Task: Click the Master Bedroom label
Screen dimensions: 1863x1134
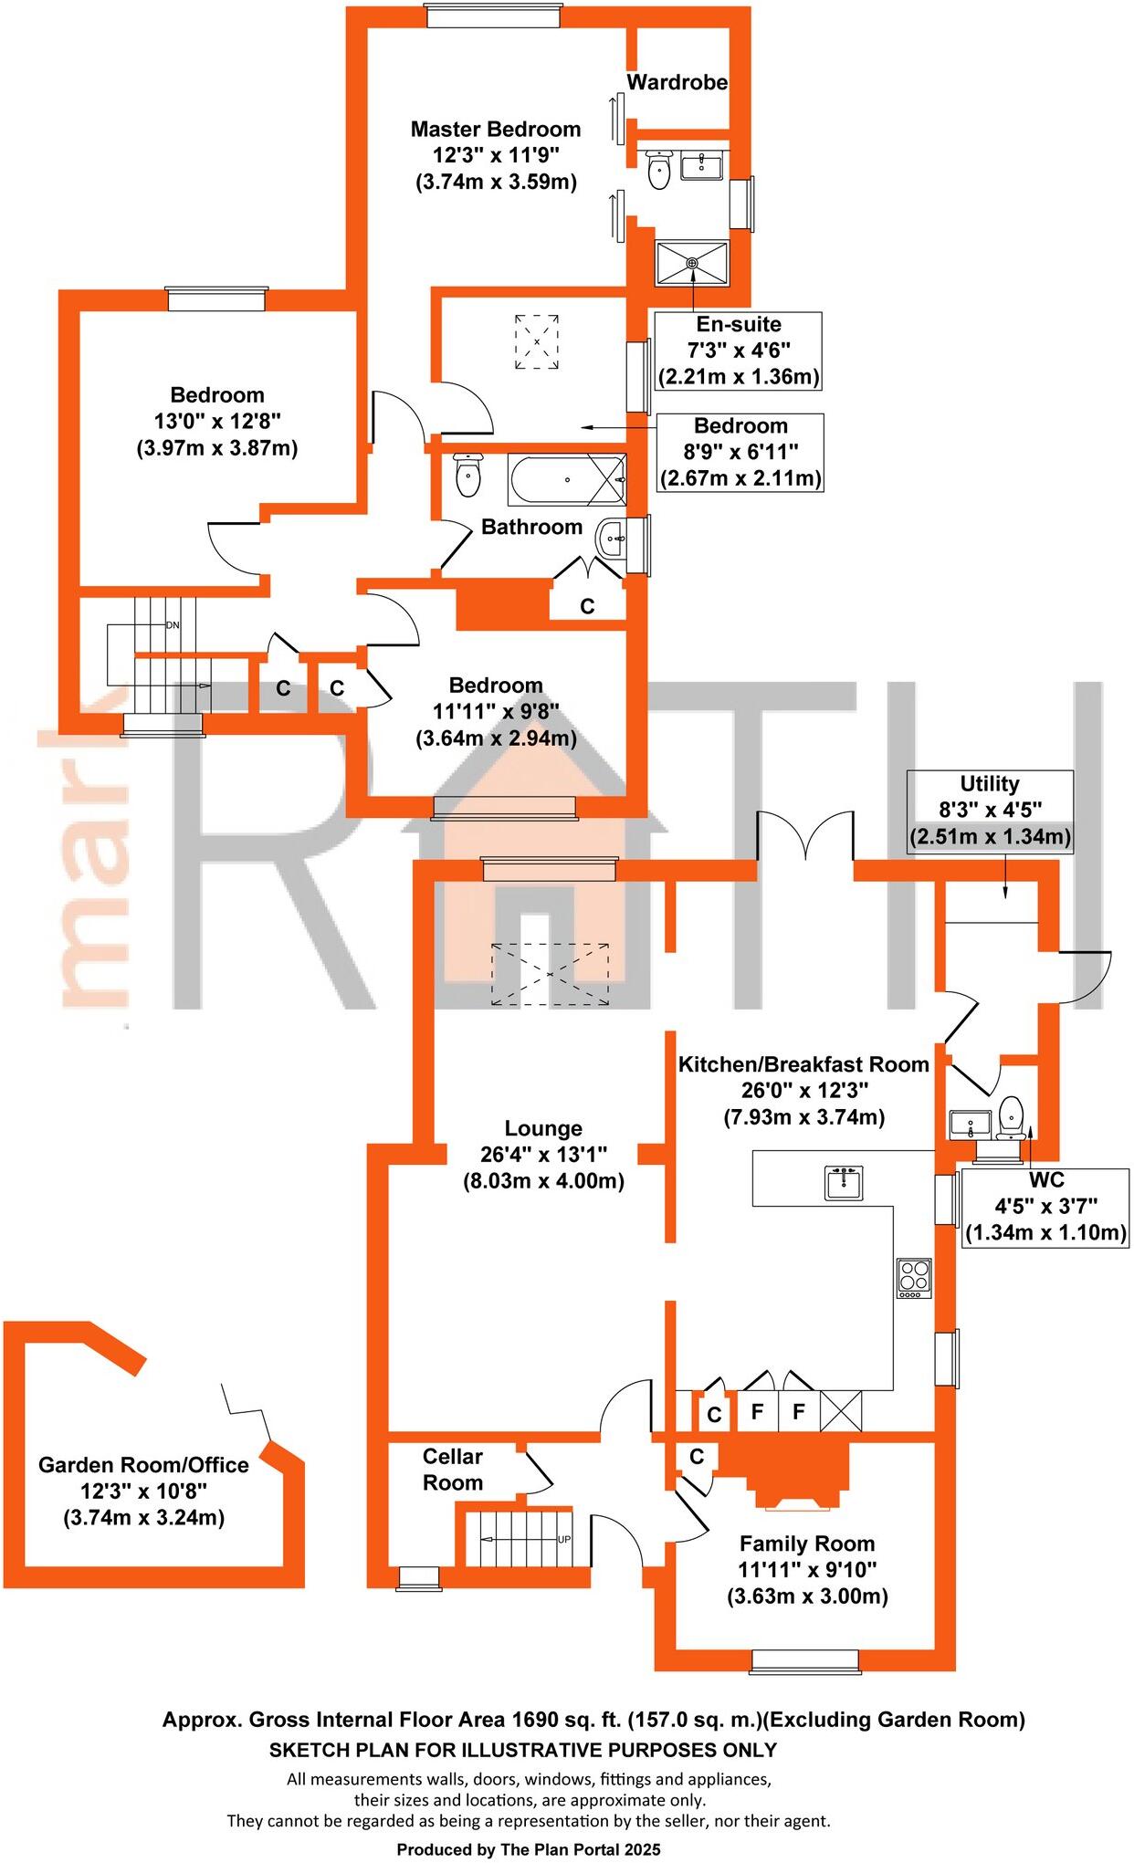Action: (x=496, y=130)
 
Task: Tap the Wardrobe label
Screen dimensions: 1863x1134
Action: (x=677, y=82)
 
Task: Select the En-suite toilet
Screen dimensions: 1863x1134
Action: (x=658, y=170)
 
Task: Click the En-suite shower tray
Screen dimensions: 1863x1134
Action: (x=692, y=263)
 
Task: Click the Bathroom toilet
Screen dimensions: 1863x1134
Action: (x=467, y=476)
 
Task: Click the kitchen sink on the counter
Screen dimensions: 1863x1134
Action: (x=845, y=1183)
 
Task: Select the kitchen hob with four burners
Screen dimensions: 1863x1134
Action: (x=914, y=1278)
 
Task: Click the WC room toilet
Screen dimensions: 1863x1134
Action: (x=1010, y=1116)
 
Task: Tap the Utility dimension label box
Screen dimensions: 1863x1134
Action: (x=990, y=811)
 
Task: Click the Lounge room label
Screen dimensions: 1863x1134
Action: (x=543, y=1129)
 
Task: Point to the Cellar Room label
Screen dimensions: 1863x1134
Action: (x=452, y=1470)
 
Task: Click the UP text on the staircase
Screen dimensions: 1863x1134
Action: (x=564, y=1539)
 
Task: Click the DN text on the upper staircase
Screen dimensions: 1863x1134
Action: (x=173, y=625)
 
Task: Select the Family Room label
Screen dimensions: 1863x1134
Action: (x=807, y=1544)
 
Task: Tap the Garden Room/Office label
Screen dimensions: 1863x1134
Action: (x=143, y=1465)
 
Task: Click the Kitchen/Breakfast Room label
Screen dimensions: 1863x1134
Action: (x=803, y=1064)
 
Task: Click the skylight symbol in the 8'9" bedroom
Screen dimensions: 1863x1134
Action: (x=537, y=341)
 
